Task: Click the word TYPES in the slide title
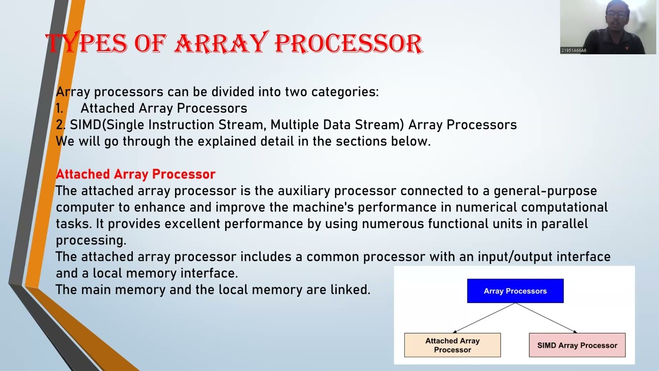[86, 43]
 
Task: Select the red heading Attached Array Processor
[135, 174]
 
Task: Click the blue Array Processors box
[515, 291]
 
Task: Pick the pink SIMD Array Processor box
[577, 345]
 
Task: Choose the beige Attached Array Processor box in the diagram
[452, 345]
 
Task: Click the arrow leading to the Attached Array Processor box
[484, 318]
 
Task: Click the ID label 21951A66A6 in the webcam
[574, 50]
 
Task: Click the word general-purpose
[545, 191]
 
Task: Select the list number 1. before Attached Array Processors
[60, 109]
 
